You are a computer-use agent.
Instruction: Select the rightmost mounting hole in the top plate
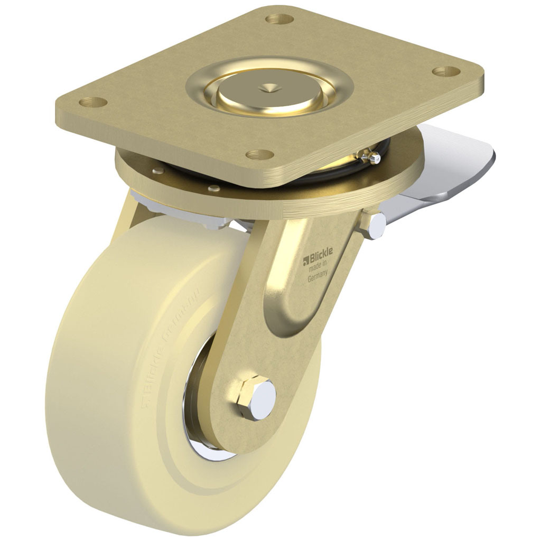tap(445, 70)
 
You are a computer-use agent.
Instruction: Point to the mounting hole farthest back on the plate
tap(279, 20)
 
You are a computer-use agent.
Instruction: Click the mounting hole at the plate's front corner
tap(260, 155)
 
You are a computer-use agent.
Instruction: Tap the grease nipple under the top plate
tap(373, 157)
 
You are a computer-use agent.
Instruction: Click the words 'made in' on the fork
tap(319, 269)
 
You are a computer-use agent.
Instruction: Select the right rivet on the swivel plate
tap(213, 188)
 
